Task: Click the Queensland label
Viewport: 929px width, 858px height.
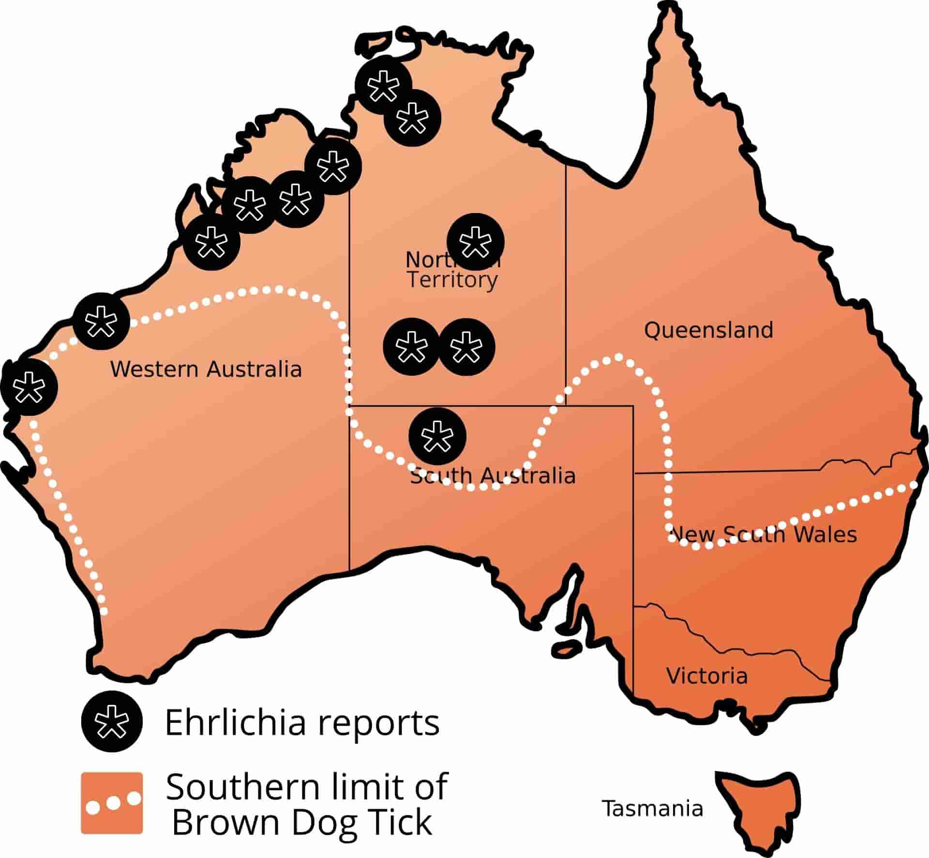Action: click(708, 330)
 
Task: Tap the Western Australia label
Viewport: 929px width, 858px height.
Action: click(206, 369)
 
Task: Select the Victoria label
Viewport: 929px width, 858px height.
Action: click(706, 675)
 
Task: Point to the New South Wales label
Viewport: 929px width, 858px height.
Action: click(764, 535)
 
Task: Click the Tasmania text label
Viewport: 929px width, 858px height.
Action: click(652, 808)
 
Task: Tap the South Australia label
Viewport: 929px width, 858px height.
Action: click(493, 475)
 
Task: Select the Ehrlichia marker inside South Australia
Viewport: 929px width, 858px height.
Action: click(437, 436)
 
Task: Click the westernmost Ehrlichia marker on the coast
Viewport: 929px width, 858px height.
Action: click(29, 386)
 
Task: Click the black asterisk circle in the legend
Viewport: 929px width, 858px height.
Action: click(112, 721)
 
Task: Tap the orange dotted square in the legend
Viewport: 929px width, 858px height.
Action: click(112, 802)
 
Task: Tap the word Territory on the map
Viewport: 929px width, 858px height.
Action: click(452, 279)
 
